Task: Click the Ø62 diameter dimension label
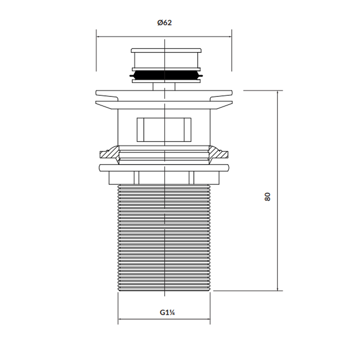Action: (x=165, y=23)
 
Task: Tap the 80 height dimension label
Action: (x=267, y=197)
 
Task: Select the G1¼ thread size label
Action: (x=167, y=312)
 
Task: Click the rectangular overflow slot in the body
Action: (x=164, y=130)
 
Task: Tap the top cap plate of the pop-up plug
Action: (x=166, y=50)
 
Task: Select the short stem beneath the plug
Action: (x=164, y=86)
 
